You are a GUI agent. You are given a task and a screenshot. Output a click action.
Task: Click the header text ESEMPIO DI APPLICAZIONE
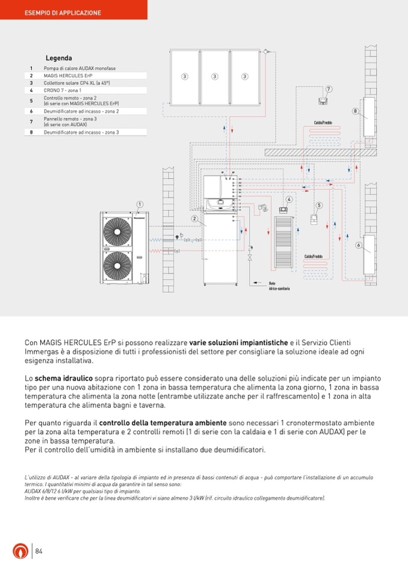tap(63, 13)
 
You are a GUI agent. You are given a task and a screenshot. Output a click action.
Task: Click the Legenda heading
tap(58, 58)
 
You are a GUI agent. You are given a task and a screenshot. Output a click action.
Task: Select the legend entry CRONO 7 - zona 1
tap(63, 90)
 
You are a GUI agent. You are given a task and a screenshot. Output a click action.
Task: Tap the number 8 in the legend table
tap(31, 132)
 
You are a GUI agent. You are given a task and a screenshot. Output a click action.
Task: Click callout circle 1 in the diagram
tap(140, 204)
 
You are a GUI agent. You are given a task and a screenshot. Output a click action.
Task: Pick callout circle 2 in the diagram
tap(195, 218)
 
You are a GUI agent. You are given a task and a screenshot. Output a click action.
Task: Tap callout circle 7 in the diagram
tap(329, 89)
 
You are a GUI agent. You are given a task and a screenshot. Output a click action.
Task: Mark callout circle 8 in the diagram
tap(355, 112)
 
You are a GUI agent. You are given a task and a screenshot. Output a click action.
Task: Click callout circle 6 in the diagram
tap(358, 245)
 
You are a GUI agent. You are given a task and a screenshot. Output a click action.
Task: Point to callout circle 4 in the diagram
tap(289, 199)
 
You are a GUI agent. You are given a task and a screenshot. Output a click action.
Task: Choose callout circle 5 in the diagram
tap(319, 205)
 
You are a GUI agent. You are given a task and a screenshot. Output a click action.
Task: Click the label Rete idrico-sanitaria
tap(279, 286)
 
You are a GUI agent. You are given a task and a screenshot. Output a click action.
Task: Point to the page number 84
tap(39, 551)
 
